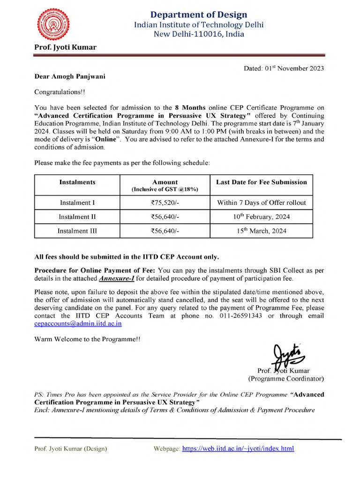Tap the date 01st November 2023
point(284,68)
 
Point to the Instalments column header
point(77,182)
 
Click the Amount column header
point(165,182)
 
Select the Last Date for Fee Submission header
point(261,182)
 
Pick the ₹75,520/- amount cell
point(165,203)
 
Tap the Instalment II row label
point(77,217)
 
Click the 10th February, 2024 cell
point(261,217)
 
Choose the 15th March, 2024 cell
point(261,231)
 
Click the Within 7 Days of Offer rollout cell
point(261,203)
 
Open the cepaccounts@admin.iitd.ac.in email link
point(81,324)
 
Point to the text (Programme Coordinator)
point(285,379)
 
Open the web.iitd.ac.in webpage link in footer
point(238,449)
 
